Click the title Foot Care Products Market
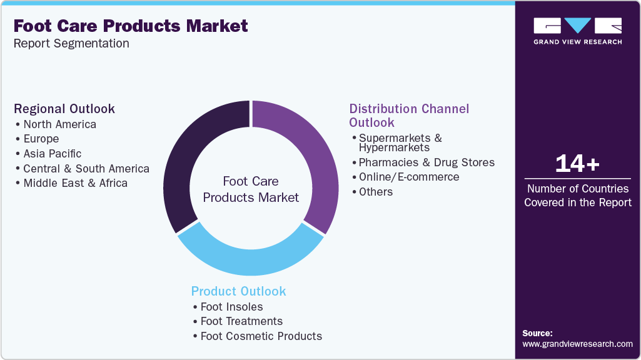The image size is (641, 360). (131, 26)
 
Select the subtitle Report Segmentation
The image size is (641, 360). (71, 44)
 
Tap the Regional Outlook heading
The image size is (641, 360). (64, 109)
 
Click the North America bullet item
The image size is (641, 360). (59, 124)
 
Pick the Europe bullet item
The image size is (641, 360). (41, 139)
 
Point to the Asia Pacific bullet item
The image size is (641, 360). (52, 154)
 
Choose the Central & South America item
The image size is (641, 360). (86, 169)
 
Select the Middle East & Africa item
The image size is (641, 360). (75, 183)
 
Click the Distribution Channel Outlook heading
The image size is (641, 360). (409, 115)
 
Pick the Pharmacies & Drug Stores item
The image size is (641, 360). (426, 162)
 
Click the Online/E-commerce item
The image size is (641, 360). (409, 177)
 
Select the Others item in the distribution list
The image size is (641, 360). (376, 192)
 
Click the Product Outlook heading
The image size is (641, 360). (238, 291)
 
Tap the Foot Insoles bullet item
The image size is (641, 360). (231, 307)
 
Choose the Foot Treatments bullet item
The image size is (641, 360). (241, 321)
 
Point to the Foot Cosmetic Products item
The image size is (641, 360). (261, 336)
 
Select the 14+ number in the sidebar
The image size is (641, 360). (577, 164)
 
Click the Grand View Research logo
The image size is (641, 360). (577, 31)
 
